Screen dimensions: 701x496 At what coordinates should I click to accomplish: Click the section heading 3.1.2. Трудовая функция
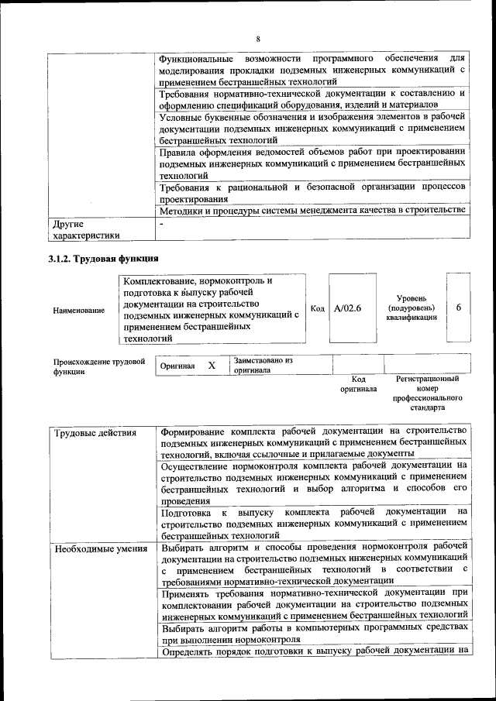click(103, 259)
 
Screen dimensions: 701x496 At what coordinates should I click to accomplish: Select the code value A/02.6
click(348, 308)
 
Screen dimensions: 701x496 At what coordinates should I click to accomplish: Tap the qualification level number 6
click(459, 308)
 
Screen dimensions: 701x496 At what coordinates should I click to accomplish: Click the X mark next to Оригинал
click(211, 365)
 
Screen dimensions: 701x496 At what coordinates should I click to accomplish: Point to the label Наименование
click(79, 311)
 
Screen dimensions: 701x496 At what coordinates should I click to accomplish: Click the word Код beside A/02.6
click(317, 308)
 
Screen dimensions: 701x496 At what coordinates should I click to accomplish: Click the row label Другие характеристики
click(85, 230)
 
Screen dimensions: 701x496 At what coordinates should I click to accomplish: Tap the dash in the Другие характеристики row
click(161, 224)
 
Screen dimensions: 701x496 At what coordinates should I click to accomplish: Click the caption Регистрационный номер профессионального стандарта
click(427, 392)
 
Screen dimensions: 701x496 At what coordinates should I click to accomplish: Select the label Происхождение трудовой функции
click(99, 366)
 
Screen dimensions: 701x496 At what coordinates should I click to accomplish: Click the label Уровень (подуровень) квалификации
click(411, 308)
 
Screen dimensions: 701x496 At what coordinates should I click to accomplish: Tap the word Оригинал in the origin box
click(177, 366)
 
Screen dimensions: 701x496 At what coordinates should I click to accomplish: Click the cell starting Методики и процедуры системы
click(313, 210)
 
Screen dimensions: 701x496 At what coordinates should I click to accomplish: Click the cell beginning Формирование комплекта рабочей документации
click(313, 441)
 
